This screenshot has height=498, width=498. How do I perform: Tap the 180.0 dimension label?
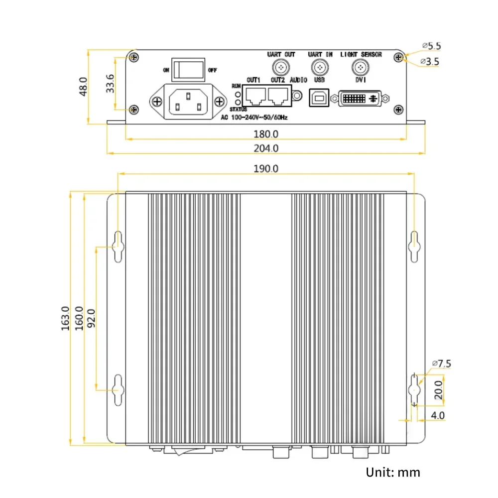[x=266, y=133]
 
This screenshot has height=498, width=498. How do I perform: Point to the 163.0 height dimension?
[x=65, y=320]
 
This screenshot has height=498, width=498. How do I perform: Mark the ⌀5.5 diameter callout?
[x=431, y=46]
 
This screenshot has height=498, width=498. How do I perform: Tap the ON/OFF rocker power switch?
[x=188, y=69]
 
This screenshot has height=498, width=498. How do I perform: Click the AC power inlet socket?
[x=188, y=102]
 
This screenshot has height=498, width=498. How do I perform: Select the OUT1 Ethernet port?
[x=255, y=96]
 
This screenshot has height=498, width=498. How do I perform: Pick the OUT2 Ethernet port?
[x=278, y=96]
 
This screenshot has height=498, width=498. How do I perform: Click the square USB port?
[x=318, y=98]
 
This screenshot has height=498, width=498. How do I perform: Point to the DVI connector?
[x=360, y=99]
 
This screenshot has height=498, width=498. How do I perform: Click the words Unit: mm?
[x=393, y=472]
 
